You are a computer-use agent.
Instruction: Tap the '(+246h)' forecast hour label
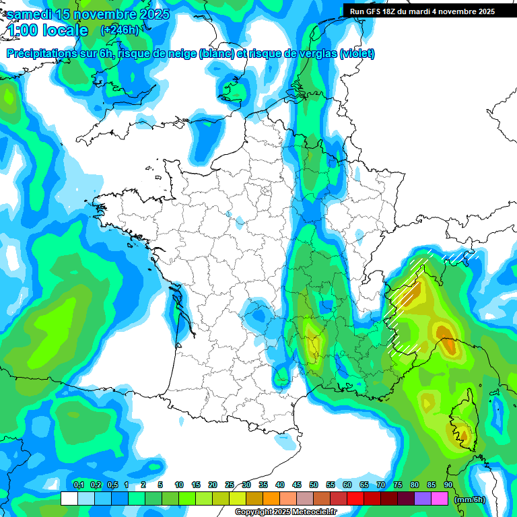tap(119, 30)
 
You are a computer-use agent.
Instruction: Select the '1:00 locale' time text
tap(48, 30)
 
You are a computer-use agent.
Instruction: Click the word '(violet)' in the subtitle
tap(357, 54)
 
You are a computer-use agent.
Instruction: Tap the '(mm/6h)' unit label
tap(470, 499)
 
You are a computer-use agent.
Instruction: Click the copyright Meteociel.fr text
tap(285, 512)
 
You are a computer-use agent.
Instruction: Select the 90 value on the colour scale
tap(448, 485)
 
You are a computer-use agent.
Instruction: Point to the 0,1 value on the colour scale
tap(78, 485)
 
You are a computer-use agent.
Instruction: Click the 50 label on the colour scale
tap(314, 485)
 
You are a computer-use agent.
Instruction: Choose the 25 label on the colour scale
tap(230, 485)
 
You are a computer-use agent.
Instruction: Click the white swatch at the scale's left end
tap(69, 498)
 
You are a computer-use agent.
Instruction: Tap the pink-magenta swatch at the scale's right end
tap(440, 498)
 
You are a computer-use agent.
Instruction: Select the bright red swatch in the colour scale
tap(355, 498)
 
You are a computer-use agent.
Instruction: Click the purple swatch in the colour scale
tap(423, 498)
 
